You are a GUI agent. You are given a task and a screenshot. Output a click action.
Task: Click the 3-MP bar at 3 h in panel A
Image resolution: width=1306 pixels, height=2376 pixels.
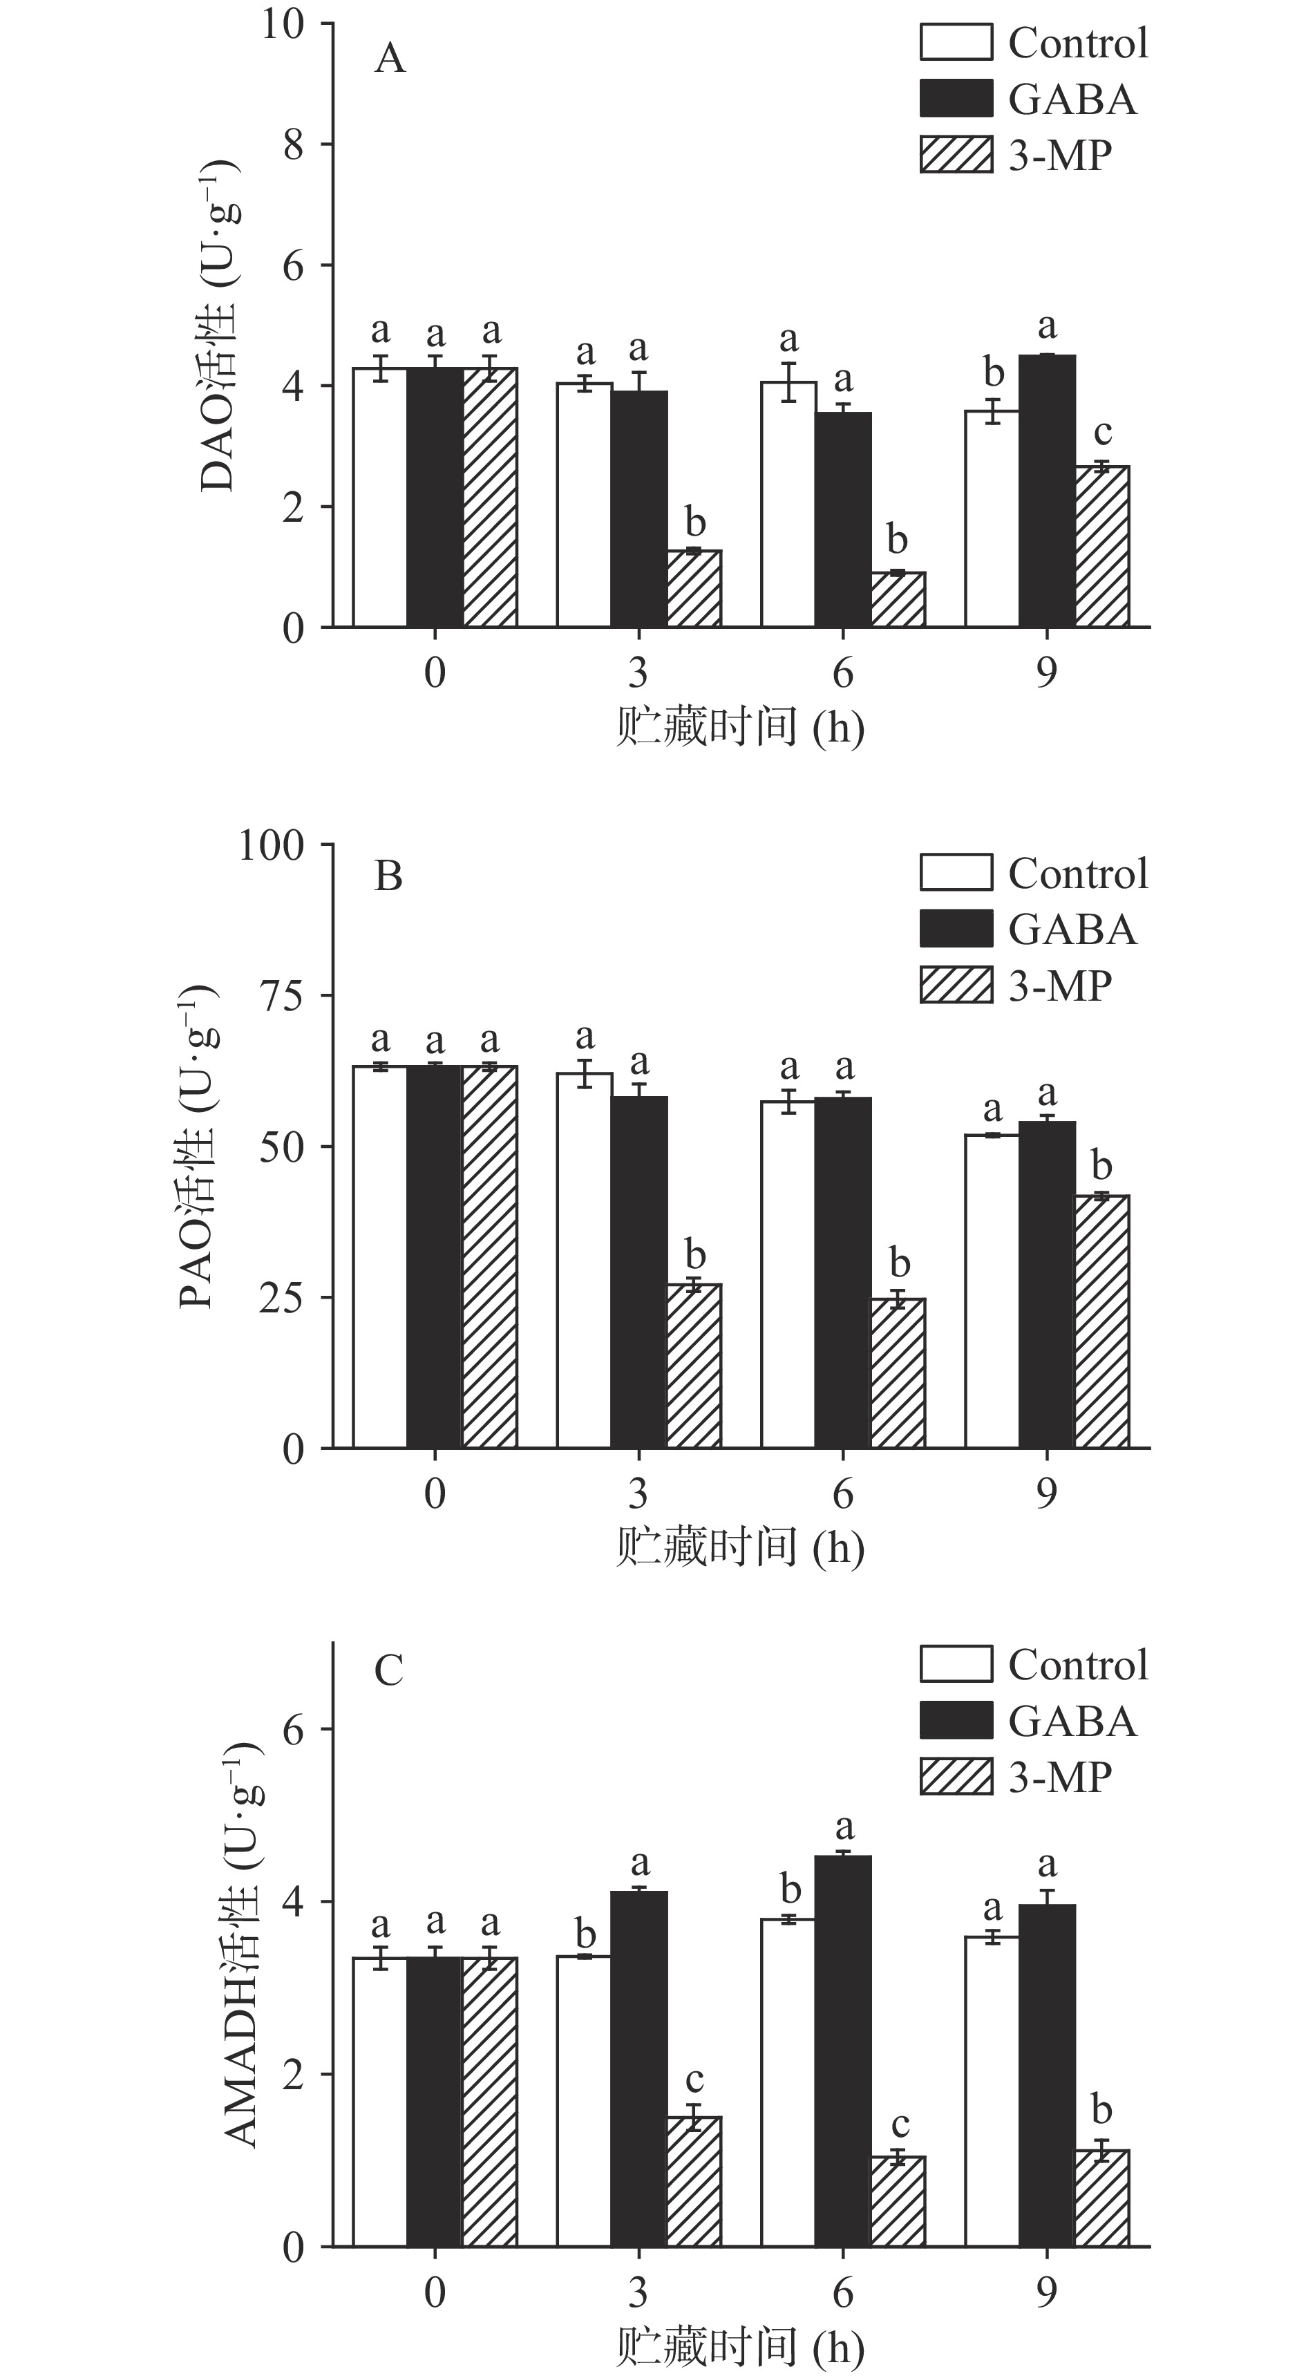pyautogui.click(x=694, y=588)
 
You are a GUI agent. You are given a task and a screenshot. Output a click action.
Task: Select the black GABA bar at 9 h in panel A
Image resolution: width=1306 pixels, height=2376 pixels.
pyautogui.click(x=1047, y=491)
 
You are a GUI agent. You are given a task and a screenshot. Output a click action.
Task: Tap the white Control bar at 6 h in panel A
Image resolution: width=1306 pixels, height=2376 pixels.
pyautogui.click(x=788, y=505)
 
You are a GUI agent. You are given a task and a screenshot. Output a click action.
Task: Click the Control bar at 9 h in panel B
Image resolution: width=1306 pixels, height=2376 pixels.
pyautogui.click(x=992, y=1290)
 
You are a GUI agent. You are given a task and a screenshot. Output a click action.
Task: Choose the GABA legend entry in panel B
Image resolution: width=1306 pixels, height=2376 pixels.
pyautogui.click(x=1072, y=929)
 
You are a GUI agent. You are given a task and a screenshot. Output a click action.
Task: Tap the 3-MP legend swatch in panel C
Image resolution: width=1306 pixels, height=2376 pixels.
pyautogui.click(x=956, y=1776)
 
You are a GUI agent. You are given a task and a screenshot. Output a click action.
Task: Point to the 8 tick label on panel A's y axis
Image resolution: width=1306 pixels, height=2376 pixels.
pyautogui.click(x=293, y=145)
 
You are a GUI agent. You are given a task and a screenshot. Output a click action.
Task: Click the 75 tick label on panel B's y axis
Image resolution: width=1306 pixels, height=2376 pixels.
pyautogui.click(x=281, y=996)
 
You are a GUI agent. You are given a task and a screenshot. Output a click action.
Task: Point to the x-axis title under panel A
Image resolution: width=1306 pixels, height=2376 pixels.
pyautogui.click(x=739, y=727)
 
